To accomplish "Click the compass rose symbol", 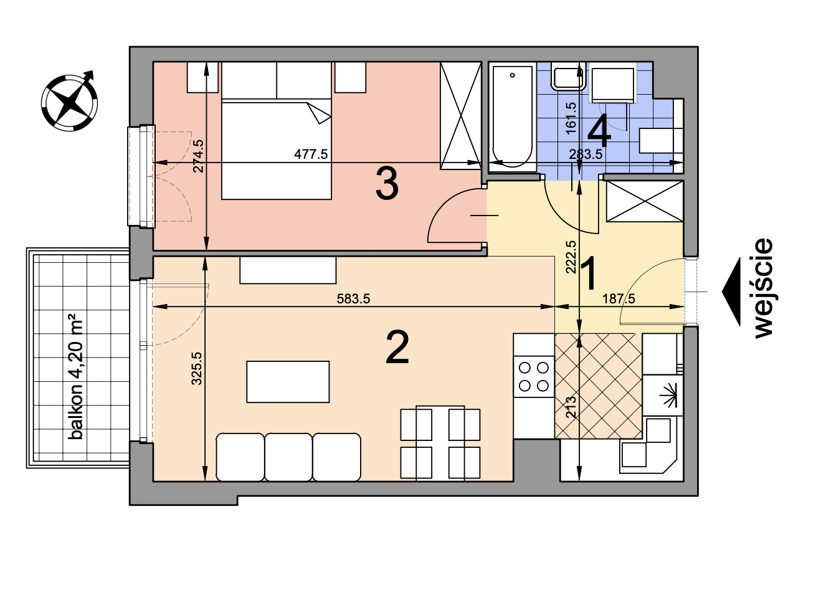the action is (x=69, y=102).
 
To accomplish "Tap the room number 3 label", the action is (x=387, y=183).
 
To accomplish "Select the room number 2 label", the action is (x=397, y=347).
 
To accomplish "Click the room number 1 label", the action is (x=589, y=273).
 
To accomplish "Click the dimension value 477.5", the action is (x=311, y=154).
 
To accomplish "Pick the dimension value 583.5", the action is (x=353, y=298).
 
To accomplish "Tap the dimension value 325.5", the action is (x=196, y=368).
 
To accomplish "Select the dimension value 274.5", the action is (x=198, y=156).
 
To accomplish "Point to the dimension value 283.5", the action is (x=586, y=154).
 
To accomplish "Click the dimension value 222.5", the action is (x=571, y=257).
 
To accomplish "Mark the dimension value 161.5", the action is (x=571, y=118).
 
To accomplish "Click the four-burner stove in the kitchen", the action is (x=534, y=376).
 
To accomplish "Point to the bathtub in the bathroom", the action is (x=512, y=117).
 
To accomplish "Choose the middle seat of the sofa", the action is (x=288, y=457).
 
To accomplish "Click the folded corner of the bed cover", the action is (x=319, y=113).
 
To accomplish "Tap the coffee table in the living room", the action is (x=288, y=382).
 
